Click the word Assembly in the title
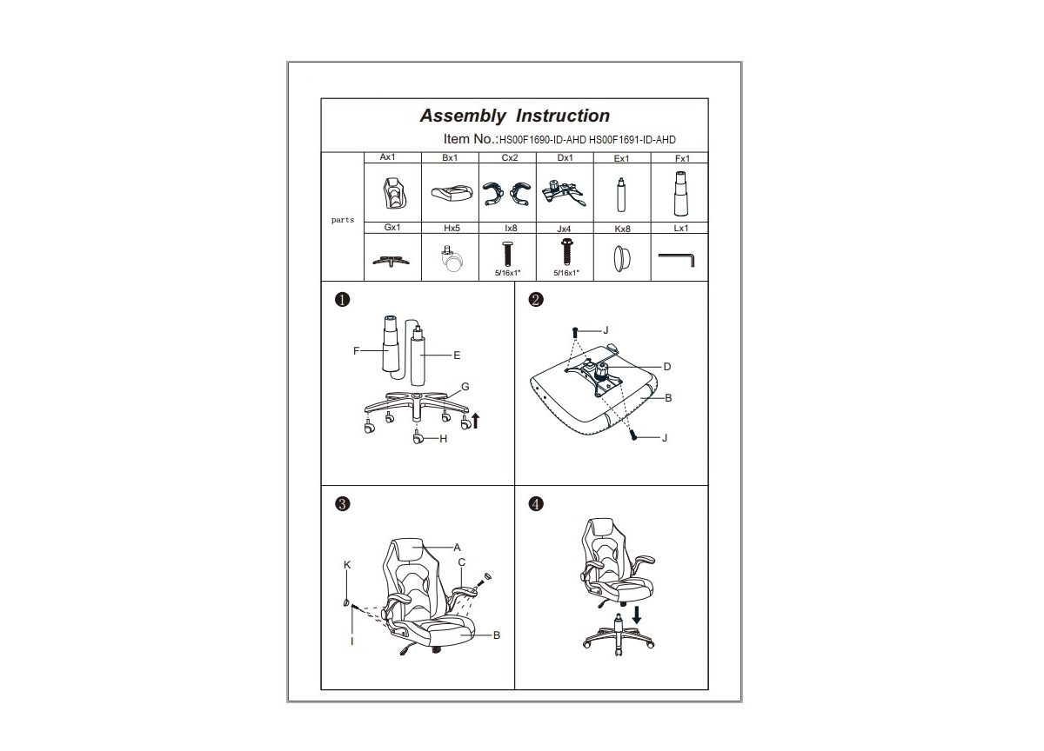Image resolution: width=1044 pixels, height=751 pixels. (x=463, y=116)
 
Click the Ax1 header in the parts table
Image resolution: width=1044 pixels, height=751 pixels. (x=387, y=157)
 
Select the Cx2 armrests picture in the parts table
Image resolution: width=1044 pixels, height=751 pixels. (x=507, y=193)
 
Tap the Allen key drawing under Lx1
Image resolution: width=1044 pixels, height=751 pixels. (x=676, y=259)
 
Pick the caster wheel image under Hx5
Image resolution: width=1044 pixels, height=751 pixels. (x=452, y=259)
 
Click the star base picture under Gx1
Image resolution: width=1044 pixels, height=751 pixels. (x=391, y=261)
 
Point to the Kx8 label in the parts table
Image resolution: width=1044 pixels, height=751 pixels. (x=622, y=229)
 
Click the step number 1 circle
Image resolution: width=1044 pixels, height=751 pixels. (x=343, y=299)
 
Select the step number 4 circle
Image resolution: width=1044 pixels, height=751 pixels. (x=536, y=504)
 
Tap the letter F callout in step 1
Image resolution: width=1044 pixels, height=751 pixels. (x=356, y=350)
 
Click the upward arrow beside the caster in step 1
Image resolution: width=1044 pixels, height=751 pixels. (x=475, y=421)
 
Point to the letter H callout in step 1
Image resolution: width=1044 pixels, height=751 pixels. (x=443, y=439)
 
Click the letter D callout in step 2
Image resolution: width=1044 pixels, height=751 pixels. (x=667, y=367)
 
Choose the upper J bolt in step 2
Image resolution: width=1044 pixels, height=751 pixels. (x=575, y=332)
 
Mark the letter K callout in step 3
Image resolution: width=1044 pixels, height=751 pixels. (x=347, y=565)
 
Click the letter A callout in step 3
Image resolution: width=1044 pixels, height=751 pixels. (x=457, y=547)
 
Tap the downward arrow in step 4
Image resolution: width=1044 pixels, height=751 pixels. (x=637, y=615)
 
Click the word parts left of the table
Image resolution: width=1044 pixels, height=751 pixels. (x=343, y=220)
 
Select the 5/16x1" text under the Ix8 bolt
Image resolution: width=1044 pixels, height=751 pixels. (x=507, y=273)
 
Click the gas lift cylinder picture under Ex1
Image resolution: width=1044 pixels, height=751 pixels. (x=621, y=195)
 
